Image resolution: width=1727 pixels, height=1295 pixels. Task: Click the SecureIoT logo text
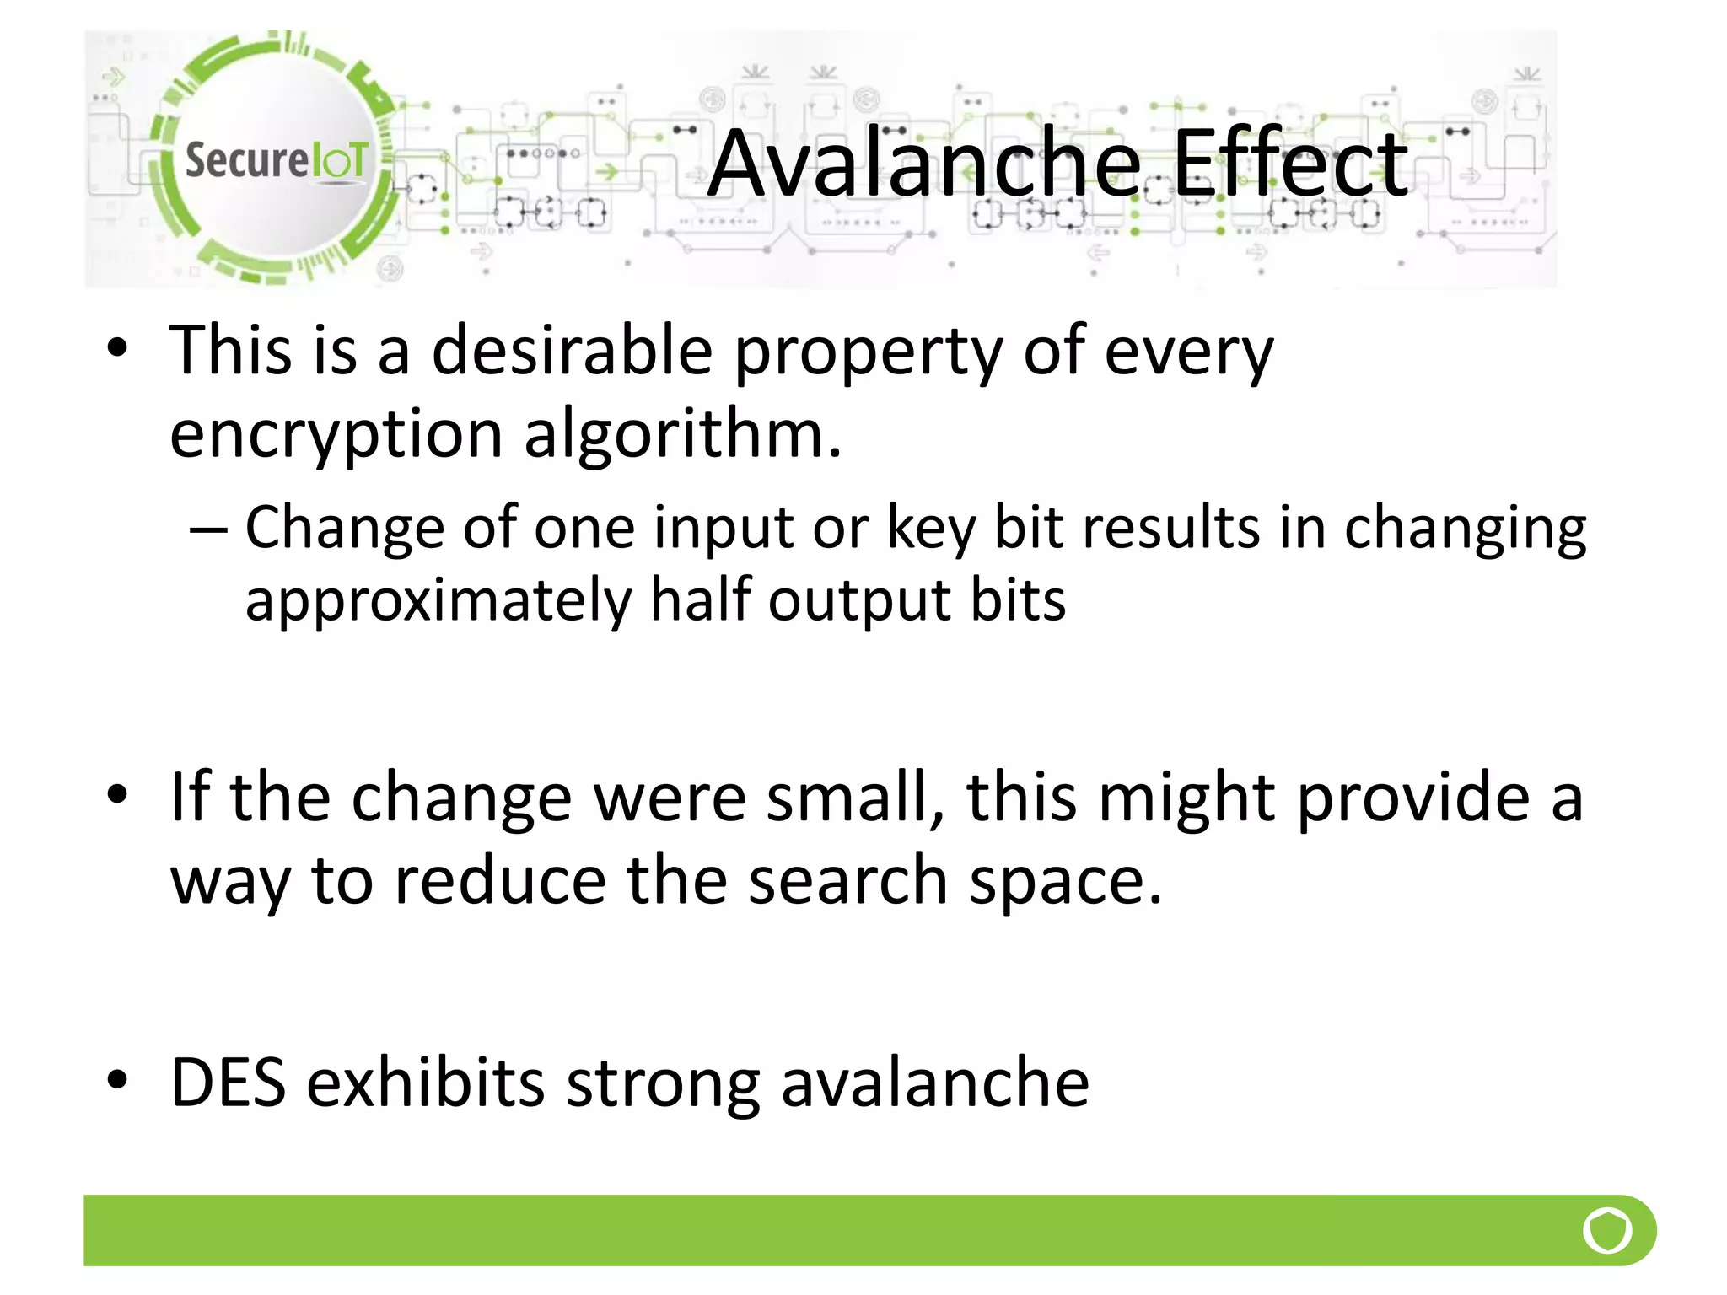pyautogui.click(x=277, y=160)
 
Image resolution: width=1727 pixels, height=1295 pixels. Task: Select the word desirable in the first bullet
pyautogui.click(x=572, y=352)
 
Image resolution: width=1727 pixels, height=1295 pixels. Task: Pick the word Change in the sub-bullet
pyautogui.click(x=343, y=529)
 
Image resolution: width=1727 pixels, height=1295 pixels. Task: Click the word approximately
pyautogui.click(x=438, y=601)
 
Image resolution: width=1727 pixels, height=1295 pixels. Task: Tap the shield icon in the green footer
pyautogui.click(x=1607, y=1230)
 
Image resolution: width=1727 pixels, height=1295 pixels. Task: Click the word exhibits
pyautogui.click(x=425, y=1083)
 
